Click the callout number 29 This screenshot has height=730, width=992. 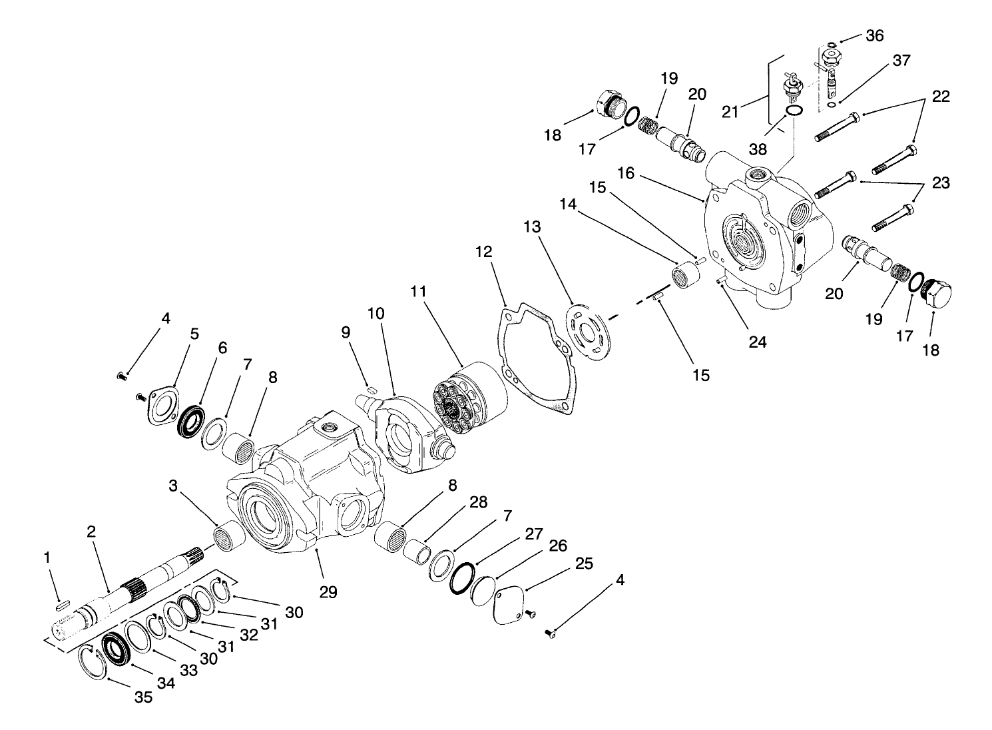328,590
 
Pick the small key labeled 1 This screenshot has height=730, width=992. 61,605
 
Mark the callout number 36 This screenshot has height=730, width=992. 874,35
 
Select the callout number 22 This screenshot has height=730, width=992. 941,96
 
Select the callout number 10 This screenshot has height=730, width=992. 376,314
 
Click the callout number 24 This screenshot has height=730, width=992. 758,342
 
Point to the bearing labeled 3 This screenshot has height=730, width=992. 228,535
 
